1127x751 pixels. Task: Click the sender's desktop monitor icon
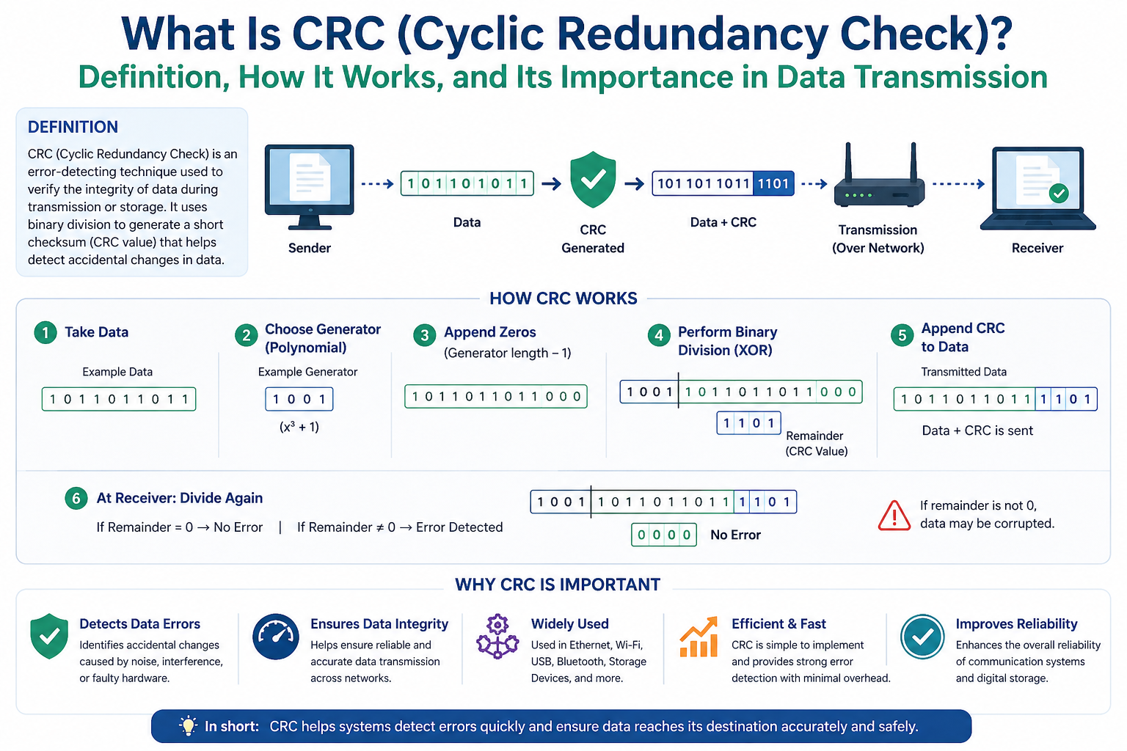click(310, 185)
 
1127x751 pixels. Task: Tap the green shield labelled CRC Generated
click(593, 180)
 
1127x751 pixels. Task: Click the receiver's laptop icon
click(1037, 187)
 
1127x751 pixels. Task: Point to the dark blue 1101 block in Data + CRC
click(773, 183)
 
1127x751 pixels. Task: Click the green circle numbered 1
click(45, 332)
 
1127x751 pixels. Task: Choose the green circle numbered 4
click(659, 335)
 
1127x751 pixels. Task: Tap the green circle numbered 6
click(76, 499)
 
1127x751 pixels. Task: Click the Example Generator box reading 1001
click(299, 399)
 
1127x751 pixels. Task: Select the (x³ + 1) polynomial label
click(299, 427)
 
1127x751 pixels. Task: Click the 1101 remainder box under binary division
click(748, 422)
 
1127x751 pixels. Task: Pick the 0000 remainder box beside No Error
click(664, 535)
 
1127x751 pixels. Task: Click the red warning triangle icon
click(894, 515)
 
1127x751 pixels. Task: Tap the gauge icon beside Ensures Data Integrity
click(276, 637)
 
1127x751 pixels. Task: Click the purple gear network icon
click(497, 636)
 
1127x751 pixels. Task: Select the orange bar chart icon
click(699, 637)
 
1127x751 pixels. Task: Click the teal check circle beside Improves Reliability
click(923, 637)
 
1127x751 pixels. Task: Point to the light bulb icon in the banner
click(189, 726)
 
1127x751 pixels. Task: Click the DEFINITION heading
click(73, 127)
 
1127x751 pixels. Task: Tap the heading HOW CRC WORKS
click(563, 298)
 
